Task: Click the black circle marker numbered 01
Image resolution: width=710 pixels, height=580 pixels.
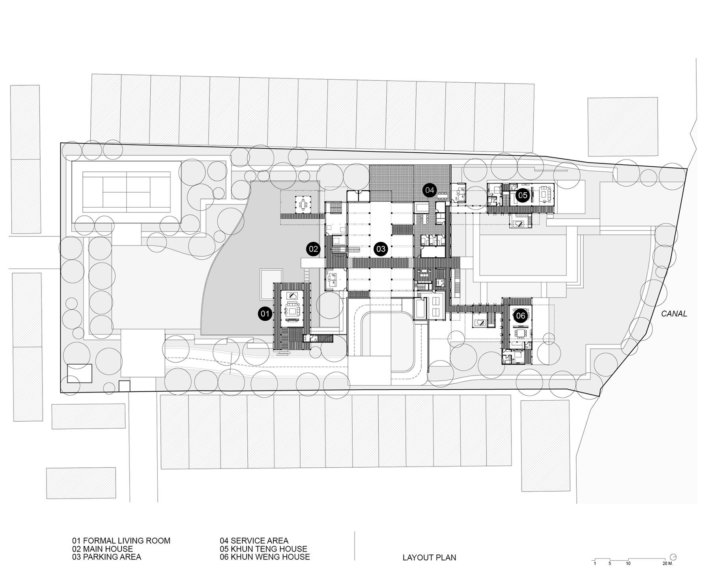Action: (x=265, y=314)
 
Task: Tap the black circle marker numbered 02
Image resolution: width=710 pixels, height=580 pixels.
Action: (x=313, y=249)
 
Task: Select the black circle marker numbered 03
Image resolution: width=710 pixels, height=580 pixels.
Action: (x=381, y=249)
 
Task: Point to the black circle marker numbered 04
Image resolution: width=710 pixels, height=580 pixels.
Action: (x=430, y=190)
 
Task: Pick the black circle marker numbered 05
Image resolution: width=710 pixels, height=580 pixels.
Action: (x=523, y=195)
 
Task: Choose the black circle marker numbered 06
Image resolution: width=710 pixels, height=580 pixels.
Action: (x=521, y=316)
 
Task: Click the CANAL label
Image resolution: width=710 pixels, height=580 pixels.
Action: (x=674, y=314)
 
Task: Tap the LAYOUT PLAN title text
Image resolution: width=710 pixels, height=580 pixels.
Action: (x=429, y=558)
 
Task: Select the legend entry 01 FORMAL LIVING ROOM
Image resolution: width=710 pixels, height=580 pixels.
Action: (x=121, y=541)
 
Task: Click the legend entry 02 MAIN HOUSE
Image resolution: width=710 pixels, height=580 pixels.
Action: (x=103, y=549)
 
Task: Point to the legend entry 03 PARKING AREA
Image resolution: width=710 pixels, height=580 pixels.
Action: (x=106, y=557)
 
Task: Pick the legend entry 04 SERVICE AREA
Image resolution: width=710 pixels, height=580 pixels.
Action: (x=254, y=541)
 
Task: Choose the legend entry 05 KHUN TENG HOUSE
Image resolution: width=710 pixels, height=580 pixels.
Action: (x=263, y=549)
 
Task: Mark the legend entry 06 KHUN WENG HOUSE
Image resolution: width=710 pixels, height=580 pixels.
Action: (x=265, y=557)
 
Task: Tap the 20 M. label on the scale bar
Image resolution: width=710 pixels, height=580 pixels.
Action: (x=668, y=563)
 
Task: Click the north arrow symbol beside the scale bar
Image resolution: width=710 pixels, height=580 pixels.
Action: (x=673, y=557)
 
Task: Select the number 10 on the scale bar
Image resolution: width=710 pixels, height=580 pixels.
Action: (x=628, y=563)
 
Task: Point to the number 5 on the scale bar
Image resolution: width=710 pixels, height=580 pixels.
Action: (x=609, y=563)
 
